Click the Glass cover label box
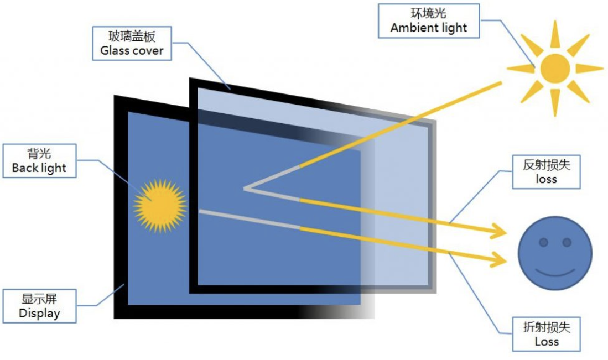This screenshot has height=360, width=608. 132,44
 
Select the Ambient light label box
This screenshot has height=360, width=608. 429,21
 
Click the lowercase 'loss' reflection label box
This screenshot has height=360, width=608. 546,171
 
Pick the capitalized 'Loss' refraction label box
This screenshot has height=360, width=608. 546,334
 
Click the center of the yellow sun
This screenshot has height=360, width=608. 554,69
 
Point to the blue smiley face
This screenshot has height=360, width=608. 555,253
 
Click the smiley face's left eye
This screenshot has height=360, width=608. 543,242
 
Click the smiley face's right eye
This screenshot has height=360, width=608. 567,242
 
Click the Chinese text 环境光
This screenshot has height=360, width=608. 429,14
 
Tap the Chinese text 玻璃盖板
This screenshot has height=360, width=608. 132,36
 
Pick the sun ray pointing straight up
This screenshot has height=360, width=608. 554,34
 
